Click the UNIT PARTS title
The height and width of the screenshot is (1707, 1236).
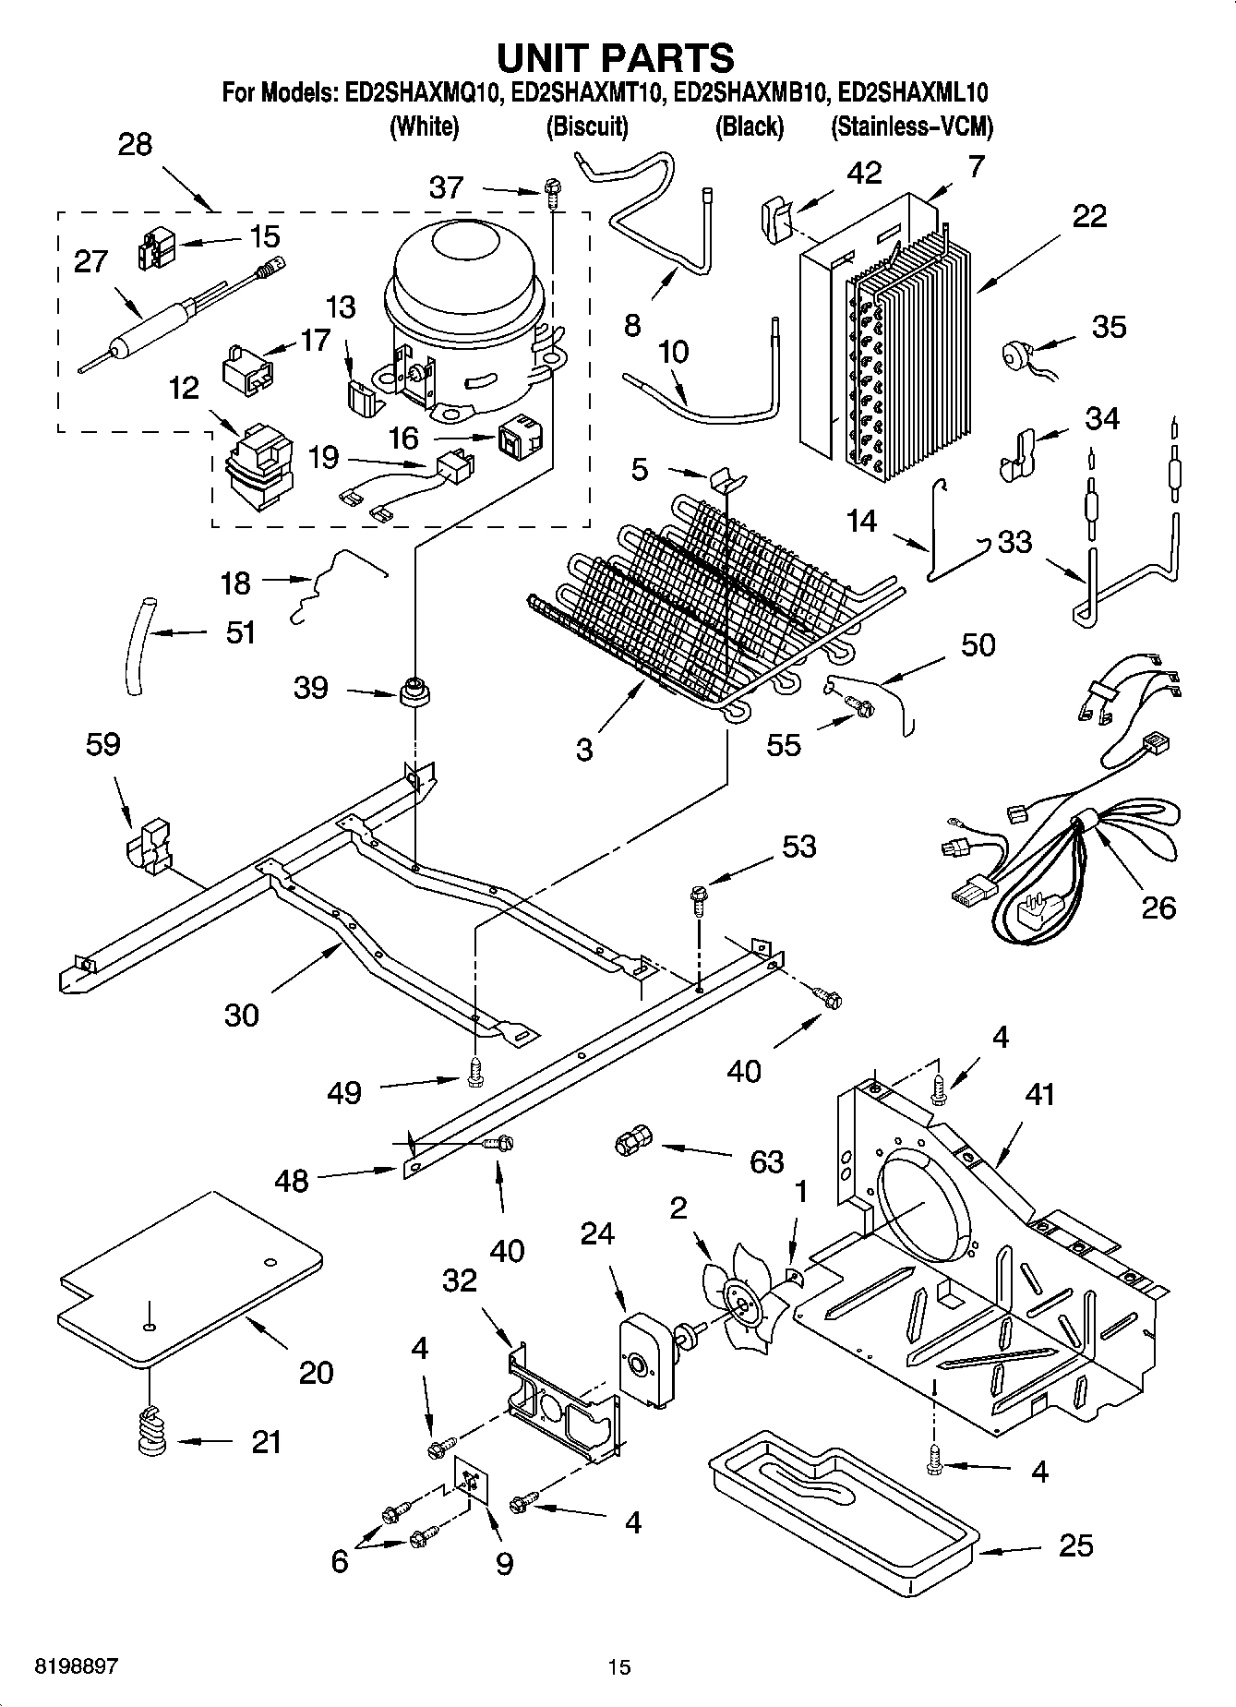pyautogui.click(x=616, y=57)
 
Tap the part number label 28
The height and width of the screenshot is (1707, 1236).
pyautogui.click(x=135, y=145)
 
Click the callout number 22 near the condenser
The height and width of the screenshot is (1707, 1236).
pyautogui.click(x=1088, y=216)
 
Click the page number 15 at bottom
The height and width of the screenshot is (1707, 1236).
pyautogui.click(x=618, y=1666)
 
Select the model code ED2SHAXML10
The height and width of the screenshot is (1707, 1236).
pyautogui.click(x=913, y=92)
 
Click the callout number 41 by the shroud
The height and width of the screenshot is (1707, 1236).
pyautogui.click(x=1038, y=1096)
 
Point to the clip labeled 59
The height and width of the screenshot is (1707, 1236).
pyautogui.click(x=148, y=844)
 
